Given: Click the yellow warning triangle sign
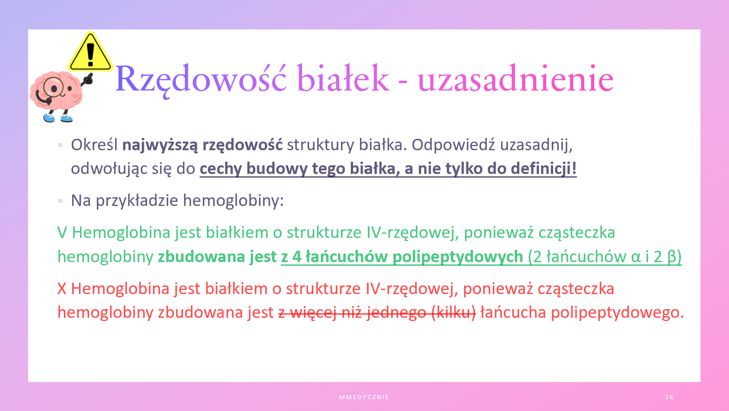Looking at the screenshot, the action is [x=90, y=52].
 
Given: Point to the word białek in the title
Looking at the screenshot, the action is [x=343, y=78].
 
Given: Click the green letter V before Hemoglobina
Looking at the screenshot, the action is [x=62, y=233].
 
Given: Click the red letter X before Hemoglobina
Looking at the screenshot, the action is [x=62, y=289].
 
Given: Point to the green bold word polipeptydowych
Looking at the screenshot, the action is [x=458, y=257].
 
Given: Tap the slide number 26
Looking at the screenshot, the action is [x=669, y=397].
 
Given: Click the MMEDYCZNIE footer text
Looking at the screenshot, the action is [x=364, y=397].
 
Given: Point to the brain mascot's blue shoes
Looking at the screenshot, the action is [x=58, y=118].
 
